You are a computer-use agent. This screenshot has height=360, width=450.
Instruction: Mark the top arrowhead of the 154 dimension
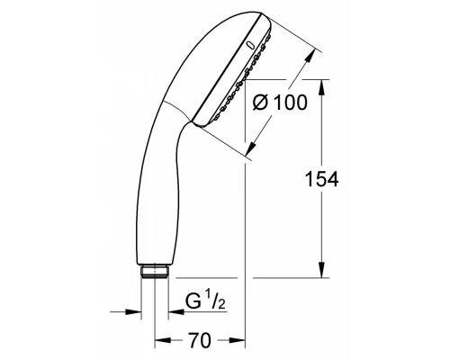point(320,84)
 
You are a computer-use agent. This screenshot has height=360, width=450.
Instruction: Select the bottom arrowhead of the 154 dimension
point(320,274)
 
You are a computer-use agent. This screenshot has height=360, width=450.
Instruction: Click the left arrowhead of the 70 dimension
point(161,342)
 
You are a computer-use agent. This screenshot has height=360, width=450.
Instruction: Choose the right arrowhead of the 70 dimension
point(240,342)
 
